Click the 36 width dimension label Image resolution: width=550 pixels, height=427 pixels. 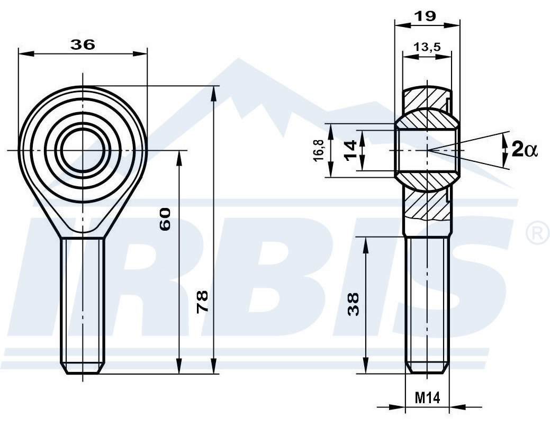click(x=83, y=44)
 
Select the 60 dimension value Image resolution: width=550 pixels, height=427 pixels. click(x=165, y=219)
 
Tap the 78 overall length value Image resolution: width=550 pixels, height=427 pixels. click(x=202, y=302)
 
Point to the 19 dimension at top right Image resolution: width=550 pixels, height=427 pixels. click(x=425, y=16)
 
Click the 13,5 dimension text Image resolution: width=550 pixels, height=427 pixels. click(x=427, y=47)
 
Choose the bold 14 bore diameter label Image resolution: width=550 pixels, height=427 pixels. click(x=351, y=150)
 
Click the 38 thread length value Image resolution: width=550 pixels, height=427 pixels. click(x=354, y=304)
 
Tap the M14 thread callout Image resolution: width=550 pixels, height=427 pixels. click(x=427, y=398)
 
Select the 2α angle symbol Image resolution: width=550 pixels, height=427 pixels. click(x=525, y=149)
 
